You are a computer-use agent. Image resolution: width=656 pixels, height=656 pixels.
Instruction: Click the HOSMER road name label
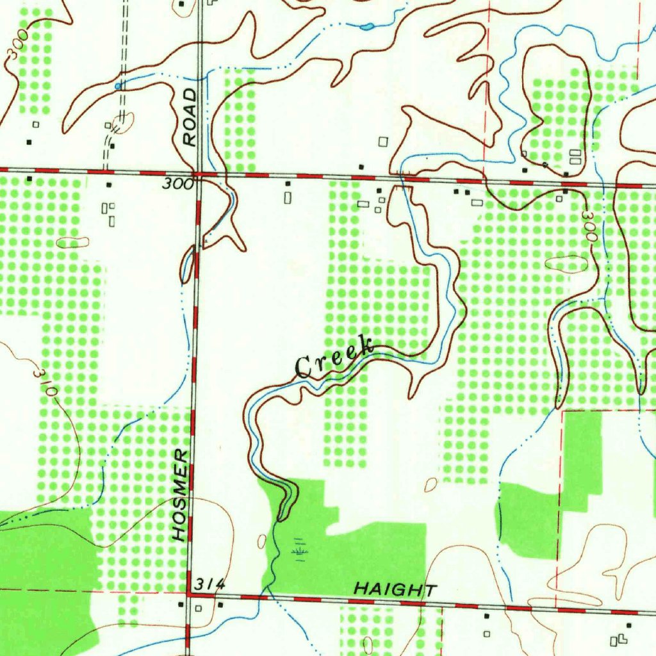pos(181,495)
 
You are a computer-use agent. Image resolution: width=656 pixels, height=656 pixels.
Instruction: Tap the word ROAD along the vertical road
pos(189,117)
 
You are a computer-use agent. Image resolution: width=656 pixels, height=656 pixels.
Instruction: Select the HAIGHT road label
pos(396,589)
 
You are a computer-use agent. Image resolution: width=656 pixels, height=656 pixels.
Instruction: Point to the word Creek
pos(334,356)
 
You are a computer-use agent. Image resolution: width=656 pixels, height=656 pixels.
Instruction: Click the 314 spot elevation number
pos(211,584)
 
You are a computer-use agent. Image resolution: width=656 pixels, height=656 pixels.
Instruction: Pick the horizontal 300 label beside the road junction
pos(177,184)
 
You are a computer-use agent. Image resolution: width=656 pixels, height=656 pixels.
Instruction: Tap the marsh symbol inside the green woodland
pos(299,549)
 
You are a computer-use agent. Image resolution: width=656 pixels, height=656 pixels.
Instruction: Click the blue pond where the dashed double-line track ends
pos(118,85)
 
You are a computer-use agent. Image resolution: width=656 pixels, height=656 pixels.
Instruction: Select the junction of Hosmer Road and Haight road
pos(189,595)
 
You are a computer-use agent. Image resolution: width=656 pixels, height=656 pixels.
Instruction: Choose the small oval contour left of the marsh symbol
pos(261,541)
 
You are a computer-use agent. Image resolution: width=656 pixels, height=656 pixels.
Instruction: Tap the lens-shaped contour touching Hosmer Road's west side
pos(187,264)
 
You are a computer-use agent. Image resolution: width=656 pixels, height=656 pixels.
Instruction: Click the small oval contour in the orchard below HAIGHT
pos(368,644)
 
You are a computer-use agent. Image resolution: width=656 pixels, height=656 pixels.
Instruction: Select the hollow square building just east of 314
pos(199,607)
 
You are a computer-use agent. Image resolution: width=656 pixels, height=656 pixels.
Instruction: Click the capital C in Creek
pos(304,367)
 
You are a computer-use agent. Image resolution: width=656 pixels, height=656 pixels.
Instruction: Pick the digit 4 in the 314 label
pos(220,584)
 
